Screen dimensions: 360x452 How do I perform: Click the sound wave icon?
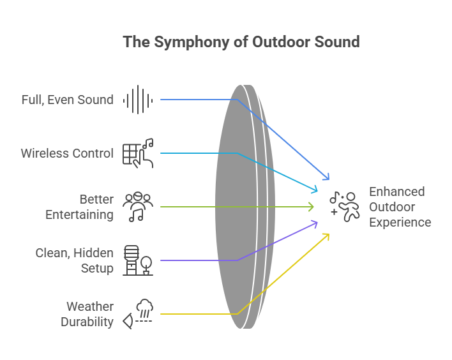(137, 100)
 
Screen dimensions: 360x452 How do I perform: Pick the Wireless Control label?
(67, 153)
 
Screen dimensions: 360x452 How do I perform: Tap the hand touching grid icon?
(138, 153)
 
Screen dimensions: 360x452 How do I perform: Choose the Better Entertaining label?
(79, 207)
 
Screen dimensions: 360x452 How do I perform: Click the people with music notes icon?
(138, 207)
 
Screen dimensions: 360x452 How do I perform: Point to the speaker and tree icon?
(138, 260)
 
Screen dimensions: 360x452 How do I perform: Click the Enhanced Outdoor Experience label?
(400, 207)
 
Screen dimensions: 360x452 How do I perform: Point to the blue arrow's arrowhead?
(328, 177)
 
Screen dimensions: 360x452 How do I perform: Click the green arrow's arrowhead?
(312, 207)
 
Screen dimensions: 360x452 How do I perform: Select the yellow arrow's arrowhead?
(327, 236)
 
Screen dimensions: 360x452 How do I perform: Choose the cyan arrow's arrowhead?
(315, 190)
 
